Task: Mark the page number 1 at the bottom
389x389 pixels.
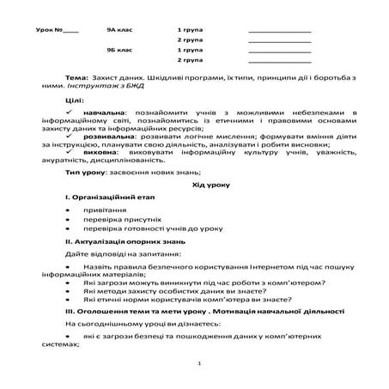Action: pos(198,364)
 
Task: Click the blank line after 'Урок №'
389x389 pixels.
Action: pos(71,32)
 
